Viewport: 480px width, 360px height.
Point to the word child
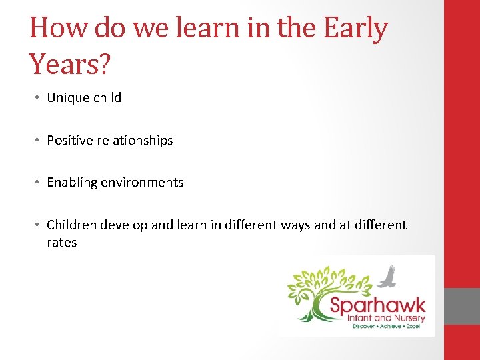(106, 98)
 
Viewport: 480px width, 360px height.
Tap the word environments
(142, 183)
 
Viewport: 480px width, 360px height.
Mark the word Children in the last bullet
(71, 225)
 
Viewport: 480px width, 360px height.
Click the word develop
(125, 225)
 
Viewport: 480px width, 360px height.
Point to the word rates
(62, 243)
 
